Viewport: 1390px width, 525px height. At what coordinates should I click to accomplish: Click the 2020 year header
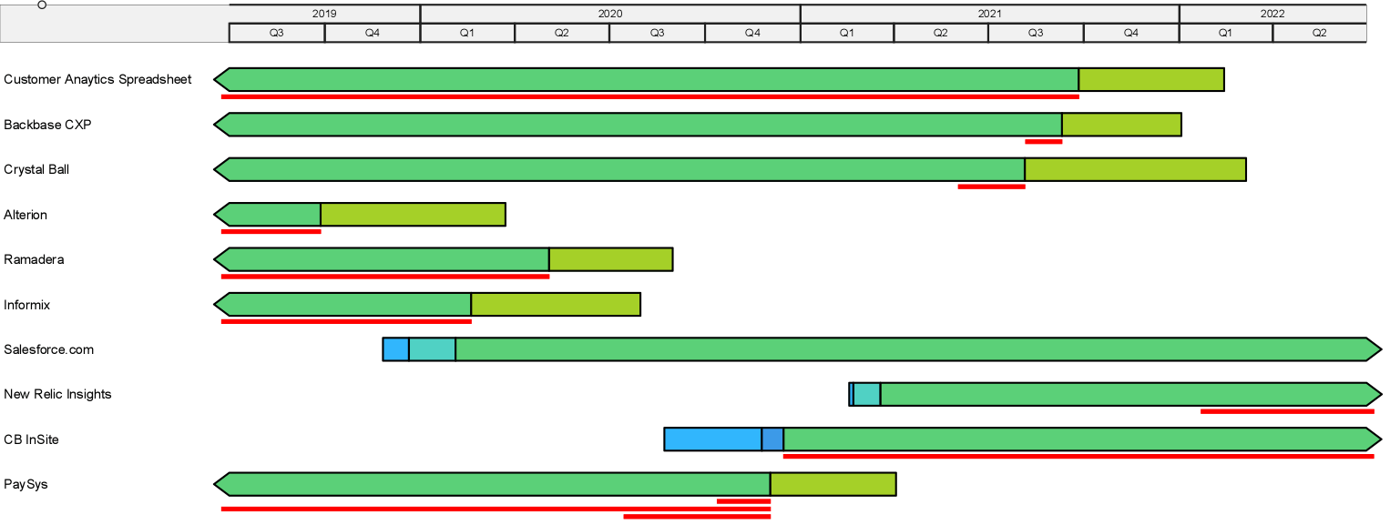tap(610, 14)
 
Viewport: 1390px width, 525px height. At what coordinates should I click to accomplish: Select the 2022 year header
tap(1272, 14)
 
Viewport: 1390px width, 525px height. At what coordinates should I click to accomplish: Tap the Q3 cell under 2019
tap(277, 33)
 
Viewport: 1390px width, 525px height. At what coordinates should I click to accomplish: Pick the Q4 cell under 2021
tap(1131, 33)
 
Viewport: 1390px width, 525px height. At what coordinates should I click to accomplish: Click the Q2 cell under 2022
tap(1319, 33)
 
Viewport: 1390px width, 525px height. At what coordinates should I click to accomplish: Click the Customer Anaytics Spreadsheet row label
tap(97, 79)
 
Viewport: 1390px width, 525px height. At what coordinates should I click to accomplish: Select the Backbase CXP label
tap(47, 125)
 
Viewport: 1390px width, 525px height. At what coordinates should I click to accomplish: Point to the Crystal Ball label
tap(36, 169)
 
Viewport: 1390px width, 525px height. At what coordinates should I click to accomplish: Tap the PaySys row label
tap(26, 484)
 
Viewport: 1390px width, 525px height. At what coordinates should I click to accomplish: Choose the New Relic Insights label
tap(57, 394)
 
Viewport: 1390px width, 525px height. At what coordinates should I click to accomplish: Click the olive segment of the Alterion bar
tap(414, 215)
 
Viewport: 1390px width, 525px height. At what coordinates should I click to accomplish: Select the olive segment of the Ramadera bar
tap(610, 259)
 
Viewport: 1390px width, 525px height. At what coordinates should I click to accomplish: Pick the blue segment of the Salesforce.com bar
tap(396, 349)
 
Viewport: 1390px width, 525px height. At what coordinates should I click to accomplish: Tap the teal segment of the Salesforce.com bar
tap(432, 349)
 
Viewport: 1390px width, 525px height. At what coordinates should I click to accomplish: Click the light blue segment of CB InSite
tap(713, 439)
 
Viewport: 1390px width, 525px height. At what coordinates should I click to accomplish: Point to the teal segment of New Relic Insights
tap(867, 394)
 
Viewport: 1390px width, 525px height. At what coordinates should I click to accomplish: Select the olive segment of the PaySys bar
tap(833, 484)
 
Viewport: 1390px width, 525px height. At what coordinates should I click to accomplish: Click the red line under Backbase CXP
tap(1044, 142)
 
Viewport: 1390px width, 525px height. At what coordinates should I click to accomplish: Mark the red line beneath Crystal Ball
tap(992, 187)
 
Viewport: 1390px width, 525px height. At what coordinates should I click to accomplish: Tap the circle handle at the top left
tap(42, 5)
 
